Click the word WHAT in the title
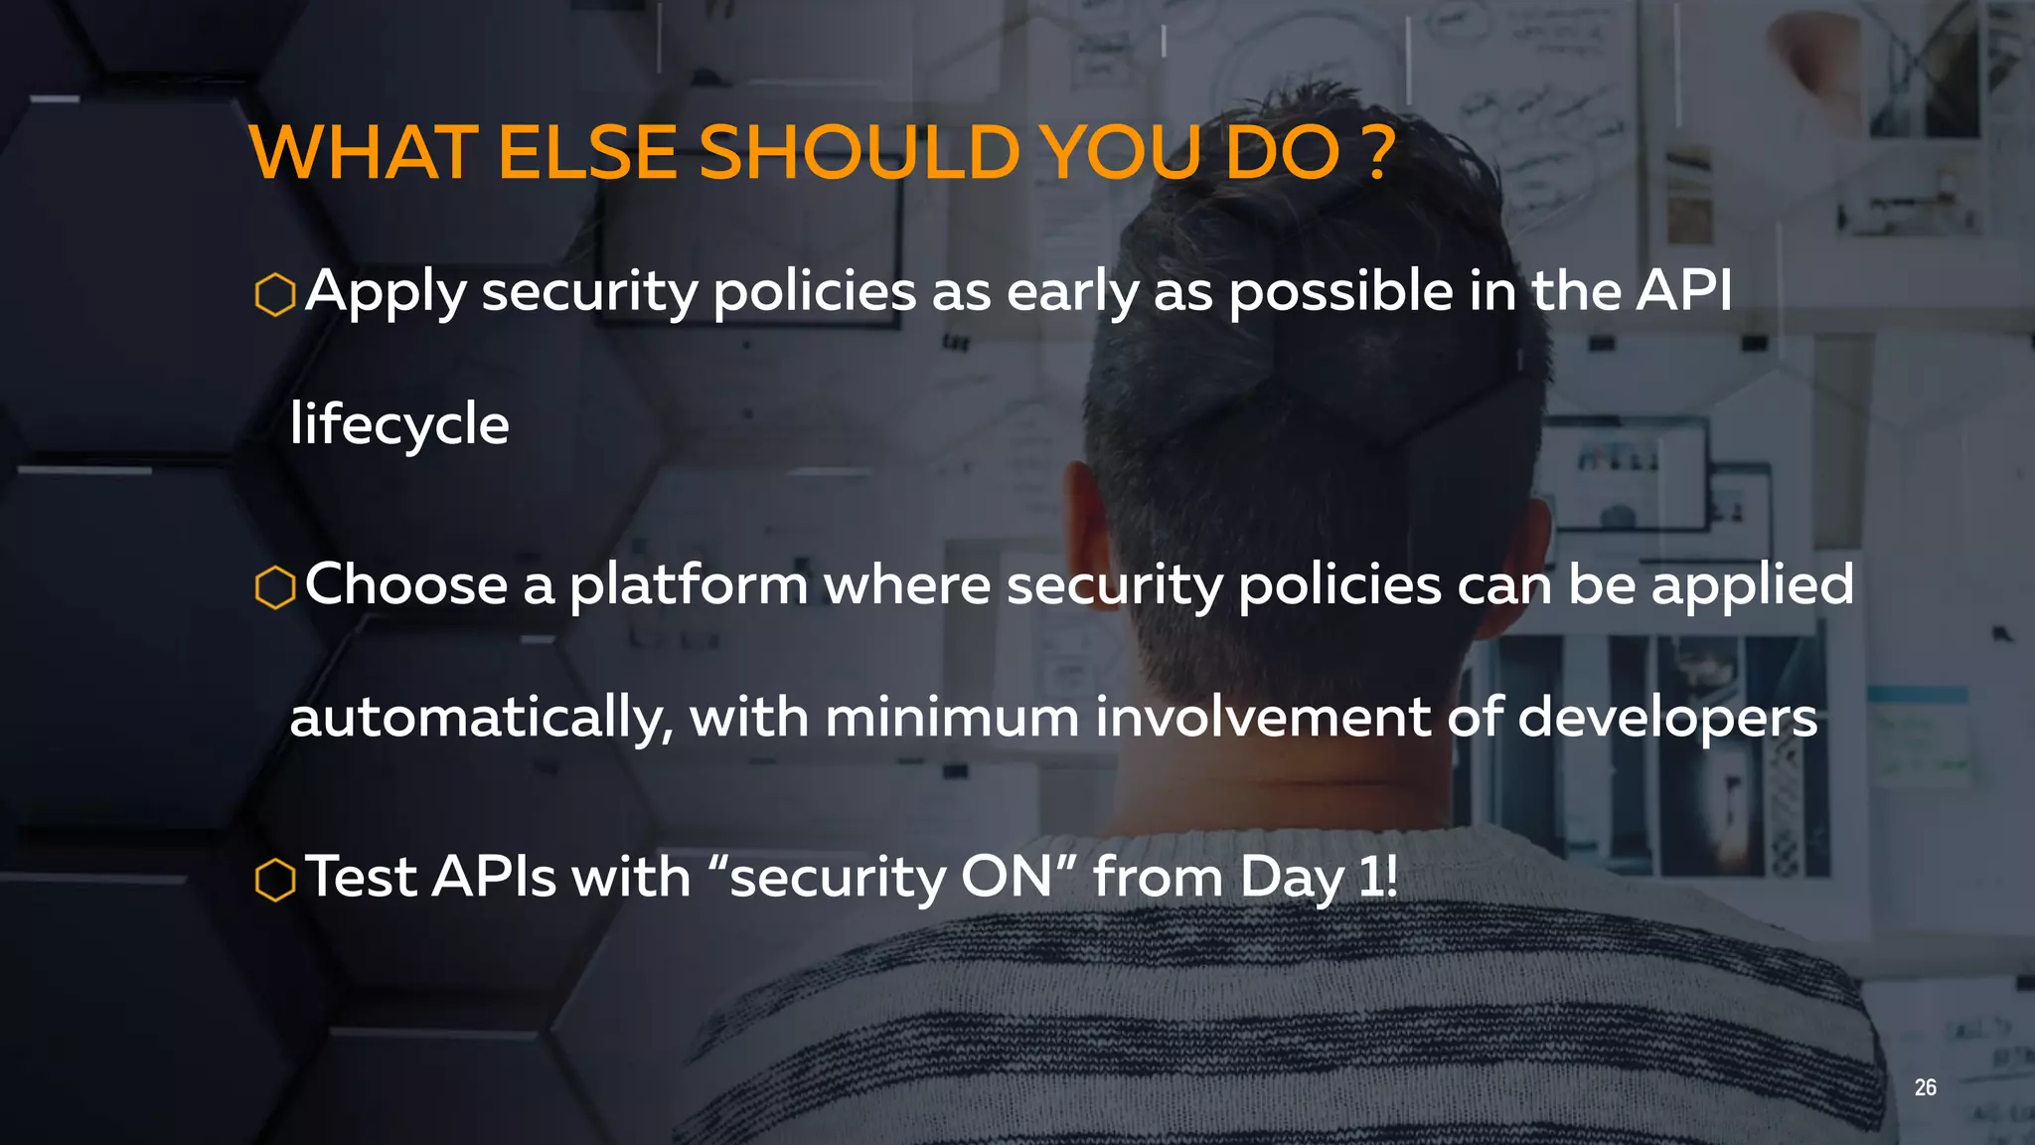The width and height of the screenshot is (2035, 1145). point(364,153)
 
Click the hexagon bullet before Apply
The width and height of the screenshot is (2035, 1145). point(275,295)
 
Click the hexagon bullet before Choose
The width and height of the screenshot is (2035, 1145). point(275,587)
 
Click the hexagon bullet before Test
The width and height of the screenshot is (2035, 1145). point(275,880)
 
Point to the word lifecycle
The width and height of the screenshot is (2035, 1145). point(399,425)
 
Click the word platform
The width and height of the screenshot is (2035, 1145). point(688,585)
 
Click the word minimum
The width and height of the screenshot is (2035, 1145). point(951,717)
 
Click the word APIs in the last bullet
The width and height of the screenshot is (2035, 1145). point(493,877)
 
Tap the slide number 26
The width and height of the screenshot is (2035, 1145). point(1925,1087)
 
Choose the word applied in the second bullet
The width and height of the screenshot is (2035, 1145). point(1752,585)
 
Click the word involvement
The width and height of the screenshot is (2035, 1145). point(1262,717)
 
